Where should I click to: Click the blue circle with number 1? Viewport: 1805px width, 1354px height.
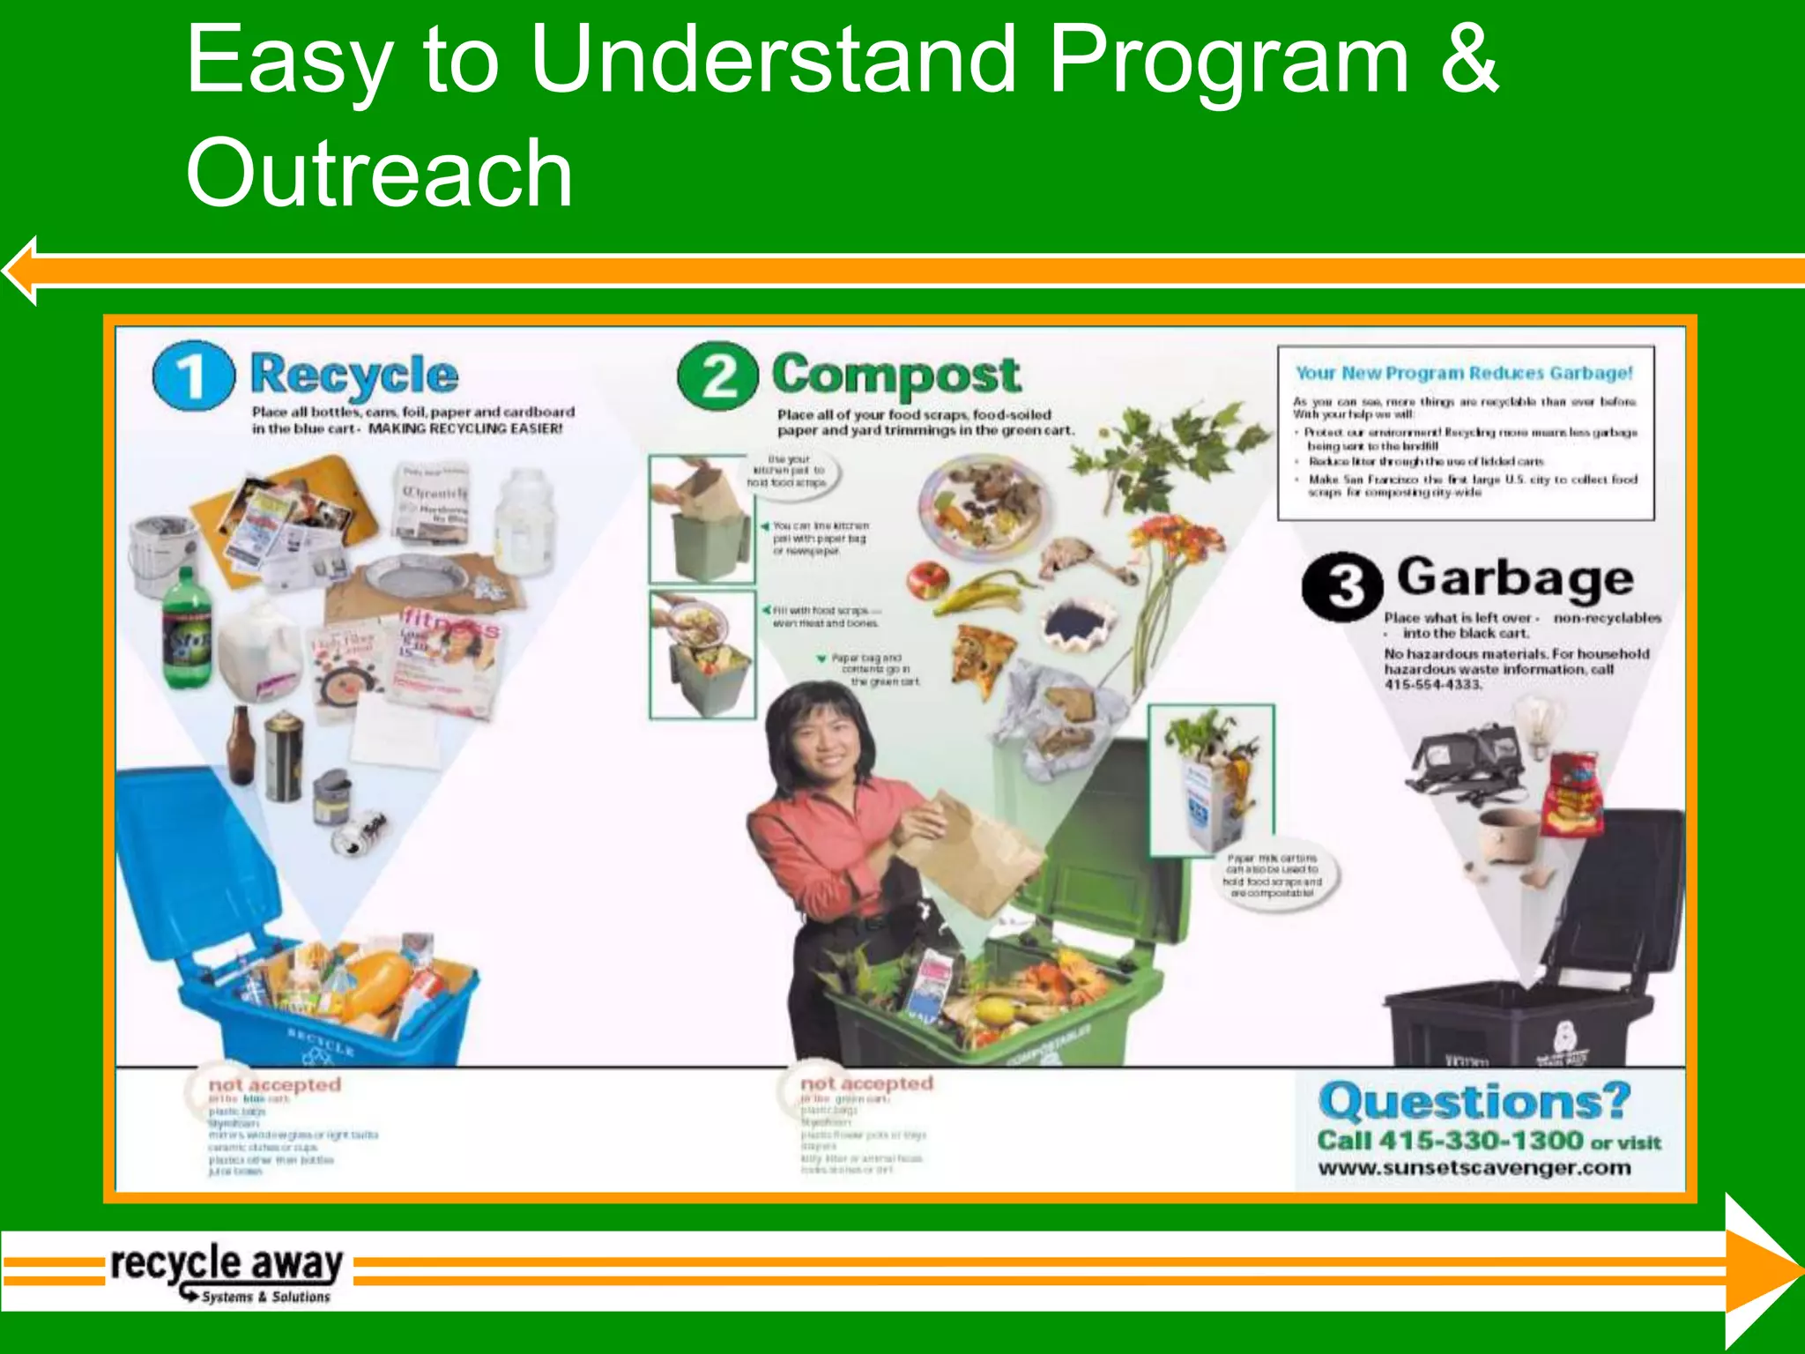[194, 376]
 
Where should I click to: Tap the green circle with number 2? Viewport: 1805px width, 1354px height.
[718, 376]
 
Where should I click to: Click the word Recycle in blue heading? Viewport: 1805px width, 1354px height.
[354, 376]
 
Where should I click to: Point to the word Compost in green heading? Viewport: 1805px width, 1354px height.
[896, 376]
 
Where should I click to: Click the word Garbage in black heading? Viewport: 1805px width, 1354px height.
[1515, 578]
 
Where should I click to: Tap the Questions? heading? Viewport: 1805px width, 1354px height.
[1474, 1102]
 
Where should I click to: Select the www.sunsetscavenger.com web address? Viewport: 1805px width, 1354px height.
[1474, 1168]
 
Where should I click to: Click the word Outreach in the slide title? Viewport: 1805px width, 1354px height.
[379, 174]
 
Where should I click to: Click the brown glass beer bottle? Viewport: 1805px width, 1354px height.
[241, 746]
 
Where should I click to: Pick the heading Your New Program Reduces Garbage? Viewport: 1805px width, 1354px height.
[1464, 373]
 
